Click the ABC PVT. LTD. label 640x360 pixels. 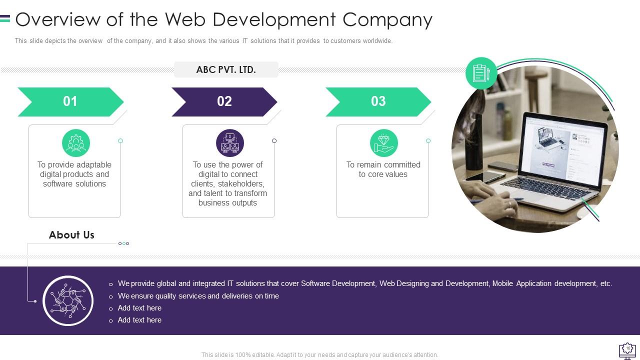click(226, 70)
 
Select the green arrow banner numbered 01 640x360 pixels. click(70, 101)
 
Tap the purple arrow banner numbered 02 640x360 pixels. click(224, 101)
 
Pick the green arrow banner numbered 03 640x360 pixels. click(378, 101)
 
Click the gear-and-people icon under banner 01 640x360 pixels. click(76, 143)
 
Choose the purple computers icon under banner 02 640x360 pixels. click(230, 143)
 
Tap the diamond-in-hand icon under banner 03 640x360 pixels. click(384, 143)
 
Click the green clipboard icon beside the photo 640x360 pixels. click(481, 73)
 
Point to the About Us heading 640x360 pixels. click(71, 235)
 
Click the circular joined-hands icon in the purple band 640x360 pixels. click(68, 300)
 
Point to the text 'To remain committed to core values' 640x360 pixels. click(383, 169)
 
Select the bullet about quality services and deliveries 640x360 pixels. click(198, 296)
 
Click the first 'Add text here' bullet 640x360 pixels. click(139, 308)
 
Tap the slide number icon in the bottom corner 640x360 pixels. click(627, 349)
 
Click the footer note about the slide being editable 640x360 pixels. click(319, 355)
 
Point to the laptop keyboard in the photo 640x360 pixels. click(539, 186)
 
